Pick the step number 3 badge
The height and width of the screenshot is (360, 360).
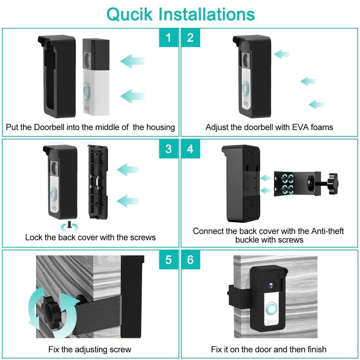(168, 149)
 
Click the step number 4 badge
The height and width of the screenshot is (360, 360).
(191, 149)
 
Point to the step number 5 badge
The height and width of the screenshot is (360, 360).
(168, 260)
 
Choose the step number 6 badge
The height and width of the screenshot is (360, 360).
(191, 260)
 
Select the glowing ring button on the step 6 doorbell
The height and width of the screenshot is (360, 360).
(272, 309)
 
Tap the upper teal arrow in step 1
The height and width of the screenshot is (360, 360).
(132, 60)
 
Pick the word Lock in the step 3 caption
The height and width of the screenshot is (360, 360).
(34, 237)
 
